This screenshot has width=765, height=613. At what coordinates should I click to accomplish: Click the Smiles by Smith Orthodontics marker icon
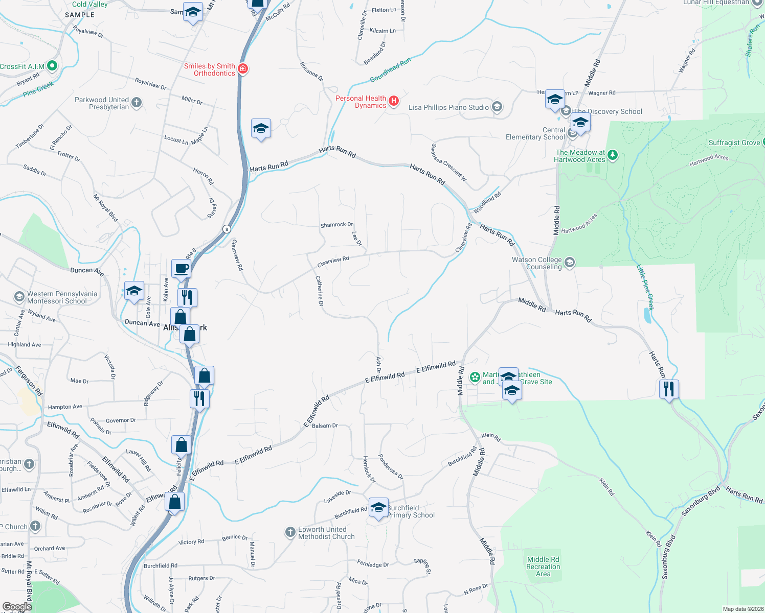pyautogui.click(x=243, y=68)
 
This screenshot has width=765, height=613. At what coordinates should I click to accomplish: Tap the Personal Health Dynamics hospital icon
pyautogui.click(x=394, y=101)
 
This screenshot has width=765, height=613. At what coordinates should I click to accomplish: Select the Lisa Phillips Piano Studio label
pyautogui.click(x=448, y=107)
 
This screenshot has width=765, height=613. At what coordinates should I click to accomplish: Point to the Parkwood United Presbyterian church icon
pyautogui.click(x=137, y=102)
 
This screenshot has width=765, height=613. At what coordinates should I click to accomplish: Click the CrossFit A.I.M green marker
pyautogui.click(x=52, y=66)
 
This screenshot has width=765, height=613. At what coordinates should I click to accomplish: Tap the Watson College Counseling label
pyautogui.click(x=537, y=263)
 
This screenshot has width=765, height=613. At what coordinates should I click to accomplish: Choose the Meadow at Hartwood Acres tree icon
pyautogui.click(x=613, y=155)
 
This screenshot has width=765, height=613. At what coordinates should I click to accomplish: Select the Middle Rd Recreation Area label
pyautogui.click(x=543, y=567)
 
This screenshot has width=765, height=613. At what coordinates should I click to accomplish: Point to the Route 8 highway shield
pyautogui.click(x=226, y=229)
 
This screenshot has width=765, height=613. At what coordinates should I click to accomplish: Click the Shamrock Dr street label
pyautogui.click(x=336, y=225)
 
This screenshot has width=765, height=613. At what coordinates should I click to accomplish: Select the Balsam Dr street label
pyautogui.click(x=325, y=426)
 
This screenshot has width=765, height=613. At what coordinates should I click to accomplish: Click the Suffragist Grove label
pyautogui.click(x=734, y=143)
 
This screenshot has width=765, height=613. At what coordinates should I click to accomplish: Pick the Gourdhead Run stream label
pyautogui.click(x=390, y=70)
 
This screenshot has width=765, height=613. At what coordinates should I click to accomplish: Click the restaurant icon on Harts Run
pyautogui.click(x=669, y=389)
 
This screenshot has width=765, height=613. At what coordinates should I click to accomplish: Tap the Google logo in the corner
pyautogui.click(x=17, y=607)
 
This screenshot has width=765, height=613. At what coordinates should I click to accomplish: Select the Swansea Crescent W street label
pyautogui.click(x=448, y=162)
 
